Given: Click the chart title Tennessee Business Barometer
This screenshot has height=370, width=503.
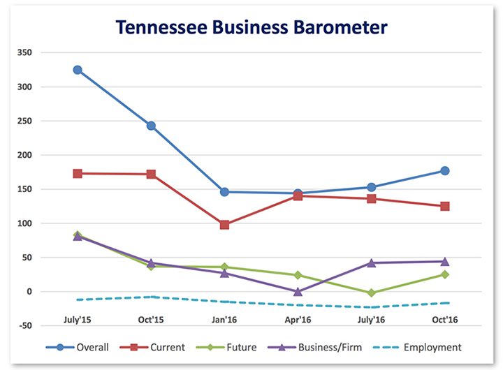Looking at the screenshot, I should click(x=251, y=27).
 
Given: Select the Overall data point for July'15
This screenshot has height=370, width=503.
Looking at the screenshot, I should click(x=78, y=70).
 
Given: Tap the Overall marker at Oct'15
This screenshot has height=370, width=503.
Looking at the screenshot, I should click(x=151, y=126).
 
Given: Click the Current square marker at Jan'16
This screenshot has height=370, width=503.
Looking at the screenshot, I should click(x=224, y=225).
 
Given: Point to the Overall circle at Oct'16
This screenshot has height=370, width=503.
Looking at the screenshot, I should click(x=444, y=171).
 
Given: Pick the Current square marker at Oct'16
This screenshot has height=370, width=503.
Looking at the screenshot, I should click(x=444, y=207).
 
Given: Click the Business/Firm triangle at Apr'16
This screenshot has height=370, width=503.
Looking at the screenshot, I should click(x=298, y=291).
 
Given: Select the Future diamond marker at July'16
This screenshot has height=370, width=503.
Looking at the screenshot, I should click(x=371, y=293).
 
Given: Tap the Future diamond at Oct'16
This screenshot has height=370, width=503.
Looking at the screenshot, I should click(x=444, y=274).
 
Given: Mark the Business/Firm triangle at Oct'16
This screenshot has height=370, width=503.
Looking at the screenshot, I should click(x=444, y=261).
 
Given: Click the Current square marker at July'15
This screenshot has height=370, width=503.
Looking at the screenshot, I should click(x=78, y=173).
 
